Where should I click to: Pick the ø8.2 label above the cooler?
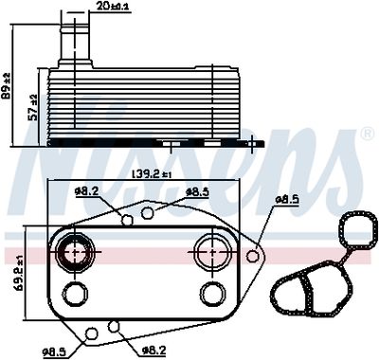[86, 191]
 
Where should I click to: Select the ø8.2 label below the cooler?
[154, 351]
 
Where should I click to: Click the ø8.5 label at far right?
[287, 199]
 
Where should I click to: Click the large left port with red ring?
[73, 253]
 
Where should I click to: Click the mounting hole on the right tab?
[252, 256]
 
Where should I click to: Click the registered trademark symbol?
[365, 135]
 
